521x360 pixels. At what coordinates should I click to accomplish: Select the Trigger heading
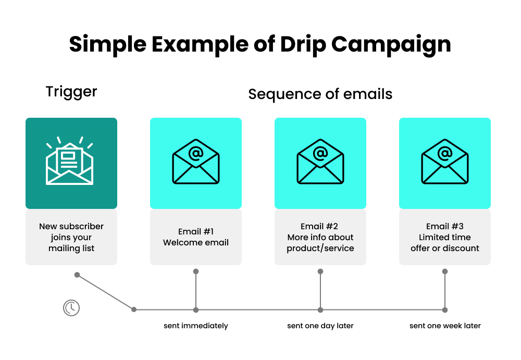(x=71, y=92)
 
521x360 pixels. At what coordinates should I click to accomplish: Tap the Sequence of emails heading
(x=320, y=94)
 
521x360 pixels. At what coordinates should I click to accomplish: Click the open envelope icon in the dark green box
(x=70, y=161)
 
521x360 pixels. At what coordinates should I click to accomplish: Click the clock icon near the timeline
(x=71, y=308)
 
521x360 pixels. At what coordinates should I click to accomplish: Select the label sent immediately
(x=196, y=326)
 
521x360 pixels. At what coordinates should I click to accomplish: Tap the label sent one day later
(x=320, y=326)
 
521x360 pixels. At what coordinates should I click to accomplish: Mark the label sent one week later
(x=445, y=326)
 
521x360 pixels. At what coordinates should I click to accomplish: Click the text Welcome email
(x=196, y=243)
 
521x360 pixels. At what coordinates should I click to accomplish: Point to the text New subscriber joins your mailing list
(x=71, y=237)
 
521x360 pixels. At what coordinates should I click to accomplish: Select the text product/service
(x=320, y=249)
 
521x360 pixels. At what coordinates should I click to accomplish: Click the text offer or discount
(x=445, y=249)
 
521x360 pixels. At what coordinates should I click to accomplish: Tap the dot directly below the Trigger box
(x=77, y=275)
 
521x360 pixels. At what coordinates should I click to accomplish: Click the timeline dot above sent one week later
(x=445, y=309)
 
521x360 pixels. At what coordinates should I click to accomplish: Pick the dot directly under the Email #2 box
(x=320, y=271)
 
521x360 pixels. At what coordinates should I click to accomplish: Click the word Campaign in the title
(x=391, y=45)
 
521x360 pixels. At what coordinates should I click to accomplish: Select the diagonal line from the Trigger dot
(x=105, y=292)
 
